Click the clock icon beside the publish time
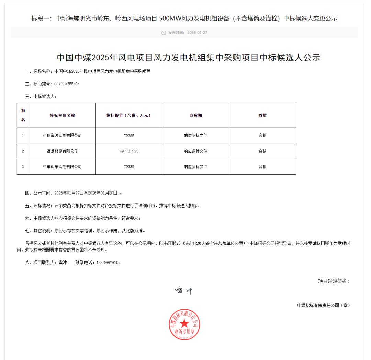[x=164, y=33]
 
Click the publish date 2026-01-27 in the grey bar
[x=197, y=33]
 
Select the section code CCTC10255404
[x=67, y=84]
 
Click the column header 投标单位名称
[x=62, y=115]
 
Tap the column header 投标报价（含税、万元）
[x=129, y=115]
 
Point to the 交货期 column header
[x=195, y=115]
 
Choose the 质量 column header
[x=262, y=115]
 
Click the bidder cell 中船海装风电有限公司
[x=62, y=136]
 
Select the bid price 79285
[x=129, y=136]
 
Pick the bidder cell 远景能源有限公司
[x=62, y=151]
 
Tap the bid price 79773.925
[x=129, y=151]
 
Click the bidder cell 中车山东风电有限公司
[x=62, y=166]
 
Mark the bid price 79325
[x=129, y=166]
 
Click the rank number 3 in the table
[x=23, y=166]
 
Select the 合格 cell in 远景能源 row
[x=262, y=151]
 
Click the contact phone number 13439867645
[x=108, y=263]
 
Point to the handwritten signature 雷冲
[x=183, y=291]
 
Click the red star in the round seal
[x=184, y=323]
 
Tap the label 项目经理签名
[x=333, y=281]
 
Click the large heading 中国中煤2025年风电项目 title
[x=188, y=57]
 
